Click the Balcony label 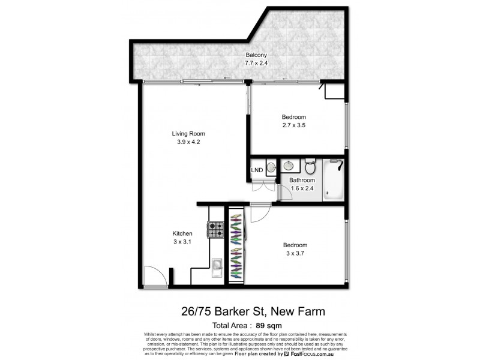point(239,55)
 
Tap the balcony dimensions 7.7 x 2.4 point(239,63)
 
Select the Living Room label point(188,134)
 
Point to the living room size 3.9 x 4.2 point(188,142)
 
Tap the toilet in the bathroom point(310,164)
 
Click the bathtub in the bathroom point(334,180)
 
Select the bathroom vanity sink point(290,166)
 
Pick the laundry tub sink point(271,167)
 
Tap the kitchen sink point(217,264)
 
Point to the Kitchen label point(182,233)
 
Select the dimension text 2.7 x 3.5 point(294,125)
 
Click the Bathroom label point(302,180)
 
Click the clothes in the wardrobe point(237,246)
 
